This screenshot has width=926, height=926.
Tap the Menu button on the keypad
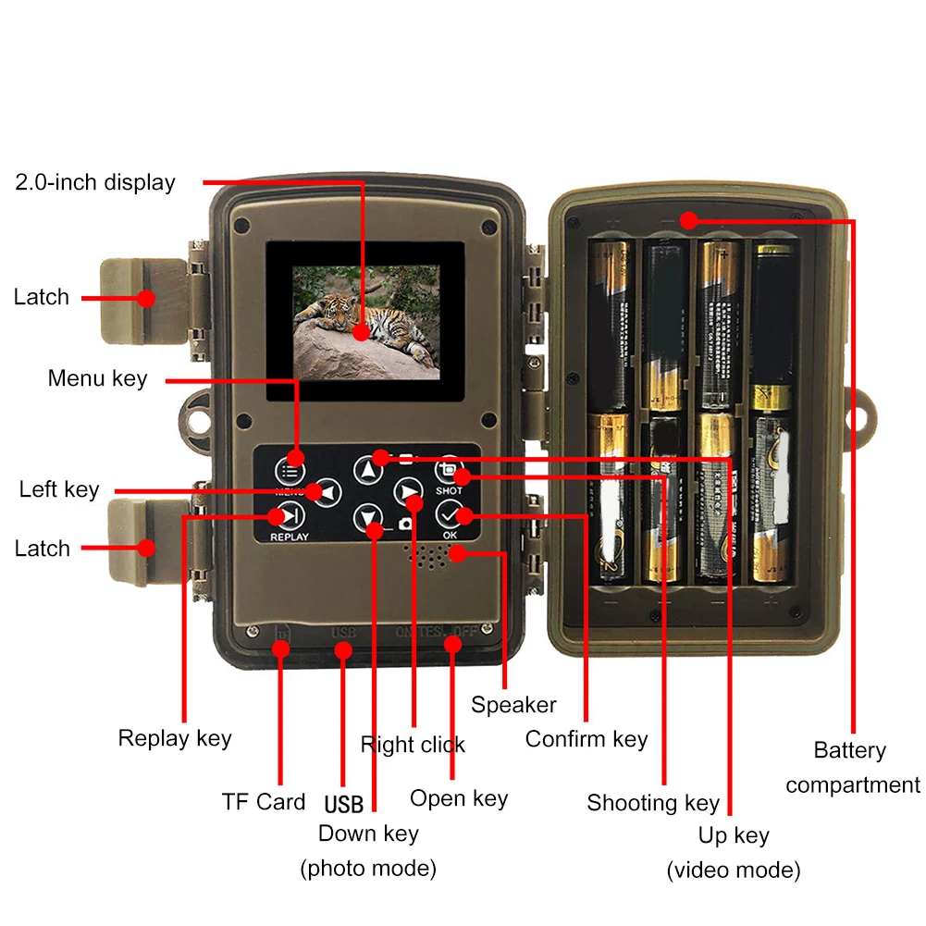[x=294, y=459]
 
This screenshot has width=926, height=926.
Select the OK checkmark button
[x=451, y=515]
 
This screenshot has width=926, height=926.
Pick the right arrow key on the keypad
[x=408, y=492]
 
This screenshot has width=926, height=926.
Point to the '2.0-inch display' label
[x=94, y=182]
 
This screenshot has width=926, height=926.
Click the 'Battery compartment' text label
[x=852, y=768]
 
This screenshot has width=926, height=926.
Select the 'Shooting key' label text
[x=653, y=803]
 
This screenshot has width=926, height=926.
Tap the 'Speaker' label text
[x=513, y=705]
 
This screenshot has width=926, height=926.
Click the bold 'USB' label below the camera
[x=344, y=803]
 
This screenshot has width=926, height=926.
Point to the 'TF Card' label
[x=264, y=801]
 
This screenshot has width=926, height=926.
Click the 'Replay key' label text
[x=175, y=738]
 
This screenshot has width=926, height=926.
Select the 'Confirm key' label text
[x=586, y=739]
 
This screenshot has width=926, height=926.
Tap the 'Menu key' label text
[x=97, y=378]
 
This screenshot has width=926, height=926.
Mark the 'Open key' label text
[x=459, y=798]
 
